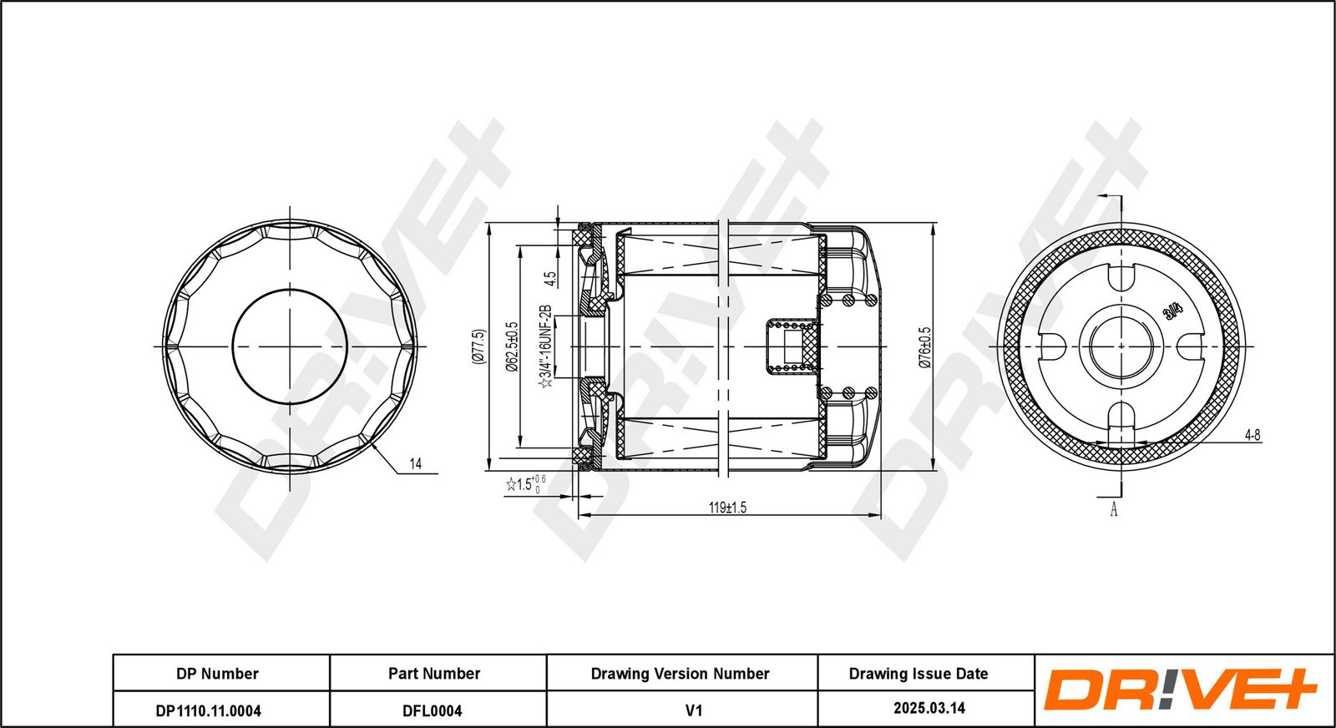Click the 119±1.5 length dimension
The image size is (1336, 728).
(727, 508)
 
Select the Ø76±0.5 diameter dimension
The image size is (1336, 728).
(924, 347)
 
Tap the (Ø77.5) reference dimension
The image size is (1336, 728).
(478, 346)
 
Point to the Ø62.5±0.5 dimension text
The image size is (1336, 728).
(511, 346)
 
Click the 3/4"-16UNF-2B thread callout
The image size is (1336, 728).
(544, 346)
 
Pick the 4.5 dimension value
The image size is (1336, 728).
(550, 279)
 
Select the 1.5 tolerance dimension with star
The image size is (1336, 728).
(525, 484)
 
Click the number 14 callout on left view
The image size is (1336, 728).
(416, 463)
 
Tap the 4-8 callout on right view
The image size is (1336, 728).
(1252, 435)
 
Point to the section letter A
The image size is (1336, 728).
(1114, 510)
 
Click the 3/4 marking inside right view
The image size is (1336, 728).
(1172, 311)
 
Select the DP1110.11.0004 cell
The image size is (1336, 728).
(208, 710)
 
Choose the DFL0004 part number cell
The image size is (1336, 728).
(433, 710)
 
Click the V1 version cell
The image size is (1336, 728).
(694, 710)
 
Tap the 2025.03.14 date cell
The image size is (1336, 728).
(929, 708)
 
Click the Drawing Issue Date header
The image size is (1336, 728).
(918, 674)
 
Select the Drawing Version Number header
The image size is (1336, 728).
(680, 674)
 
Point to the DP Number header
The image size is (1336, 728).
(217, 674)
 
